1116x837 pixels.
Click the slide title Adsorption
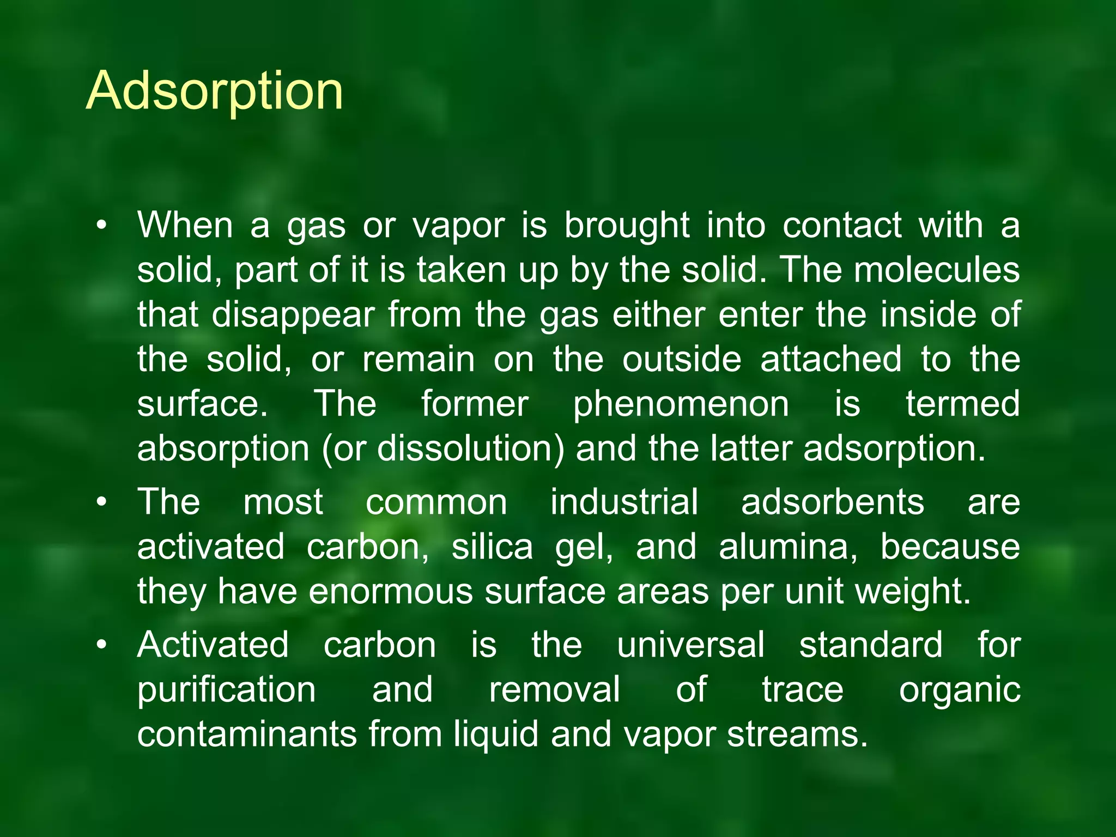pyautogui.click(x=215, y=91)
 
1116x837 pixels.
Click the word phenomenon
pyautogui.click(x=681, y=404)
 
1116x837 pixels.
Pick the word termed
pyautogui.click(x=963, y=404)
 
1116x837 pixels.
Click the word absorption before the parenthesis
pyautogui.click(x=223, y=449)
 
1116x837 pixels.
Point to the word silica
pyautogui.click(x=492, y=547)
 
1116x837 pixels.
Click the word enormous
pyautogui.click(x=391, y=591)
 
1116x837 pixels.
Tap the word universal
pyautogui.click(x=691, y=645)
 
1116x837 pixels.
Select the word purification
pyautogui.click(x=227, y=690)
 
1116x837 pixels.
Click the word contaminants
pyautogui.click(x=247, y=734)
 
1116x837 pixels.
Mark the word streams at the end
pyautogui.click(x=797, y=734)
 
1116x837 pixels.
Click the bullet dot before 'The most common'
pyautogui.click(x=101, y=502)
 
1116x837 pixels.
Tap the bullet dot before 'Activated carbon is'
pyautogui.click(x=101, y=646)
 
